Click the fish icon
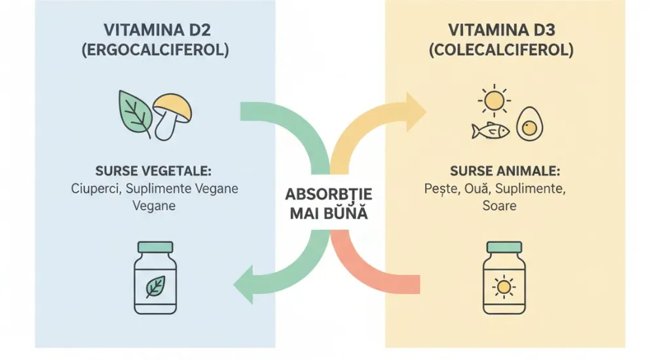[490, 131]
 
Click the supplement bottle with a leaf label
[155, 278]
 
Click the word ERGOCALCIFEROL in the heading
[155, 50]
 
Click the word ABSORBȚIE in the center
[329, 194]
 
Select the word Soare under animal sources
[501, 206]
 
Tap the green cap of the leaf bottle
[155, 248]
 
